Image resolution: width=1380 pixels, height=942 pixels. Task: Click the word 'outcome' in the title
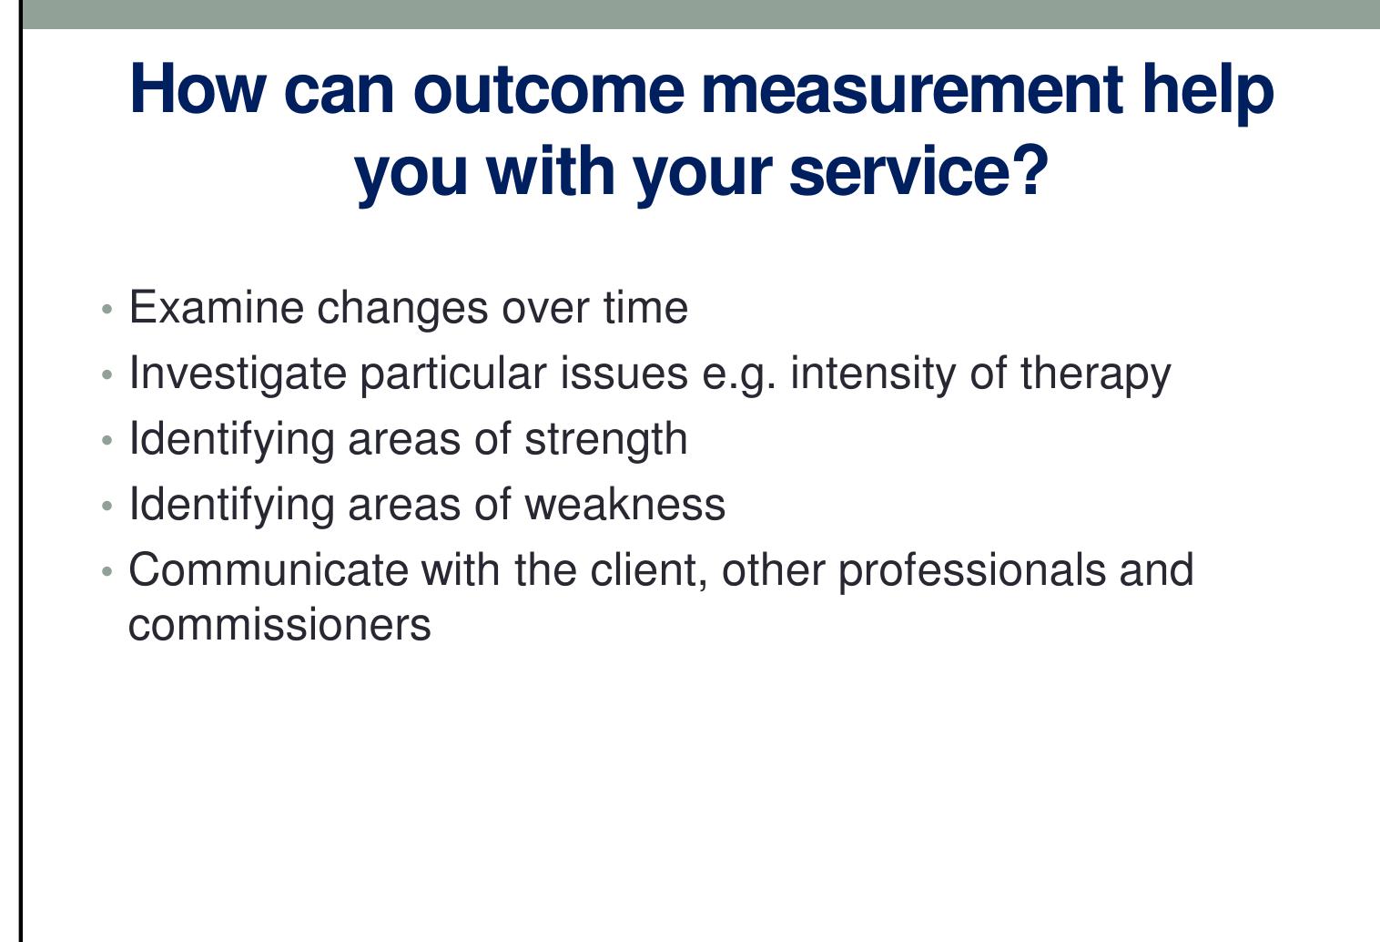point(548,89)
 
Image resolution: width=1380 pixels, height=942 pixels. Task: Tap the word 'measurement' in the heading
point(912,89)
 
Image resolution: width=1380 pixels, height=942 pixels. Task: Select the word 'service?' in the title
point(918,171)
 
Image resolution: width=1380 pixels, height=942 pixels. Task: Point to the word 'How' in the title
point(198,89)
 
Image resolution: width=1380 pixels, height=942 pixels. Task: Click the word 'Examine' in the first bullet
point(217,308)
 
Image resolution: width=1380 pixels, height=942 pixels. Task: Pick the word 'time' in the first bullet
point(645,308)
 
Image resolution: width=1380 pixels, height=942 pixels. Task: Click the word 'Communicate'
point(269,570)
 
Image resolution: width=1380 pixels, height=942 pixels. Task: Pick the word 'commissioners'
point(279,625)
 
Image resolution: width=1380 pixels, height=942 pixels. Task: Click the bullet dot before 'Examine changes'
point(108,310)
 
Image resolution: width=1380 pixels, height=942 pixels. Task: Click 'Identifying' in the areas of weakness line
point(231,505)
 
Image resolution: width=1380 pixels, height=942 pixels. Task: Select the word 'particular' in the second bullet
point(452,374)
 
